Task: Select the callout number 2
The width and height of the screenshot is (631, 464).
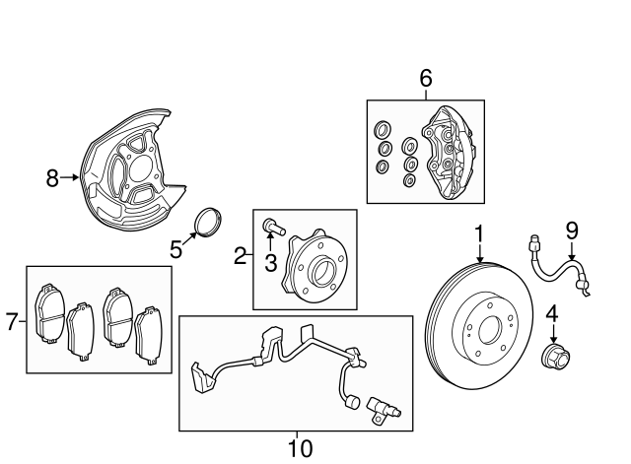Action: tap(241, 255)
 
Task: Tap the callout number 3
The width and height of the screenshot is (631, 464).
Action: tap(271, 263)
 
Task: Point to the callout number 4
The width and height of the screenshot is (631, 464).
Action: tap(552, 314)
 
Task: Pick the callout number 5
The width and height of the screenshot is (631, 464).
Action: tap(175, 249)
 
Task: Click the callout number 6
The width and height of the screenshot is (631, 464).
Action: tap(426, 78)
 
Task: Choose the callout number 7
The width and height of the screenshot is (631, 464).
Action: tap(12, 321)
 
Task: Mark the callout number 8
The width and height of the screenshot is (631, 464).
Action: tap(52, 177)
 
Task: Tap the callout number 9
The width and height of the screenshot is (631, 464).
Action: tap(572, 232)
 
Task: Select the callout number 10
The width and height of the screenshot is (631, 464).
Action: tap(300, 448)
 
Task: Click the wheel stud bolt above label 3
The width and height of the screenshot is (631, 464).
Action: tap(274, 227)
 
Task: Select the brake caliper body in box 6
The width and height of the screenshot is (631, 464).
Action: tap(447, 152)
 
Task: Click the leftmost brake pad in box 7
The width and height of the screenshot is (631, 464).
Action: tap(50, 314)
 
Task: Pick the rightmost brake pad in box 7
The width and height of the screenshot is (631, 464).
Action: tap(149, 336)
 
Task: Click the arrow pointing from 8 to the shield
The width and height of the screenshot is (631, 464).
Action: tap(70, 177)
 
